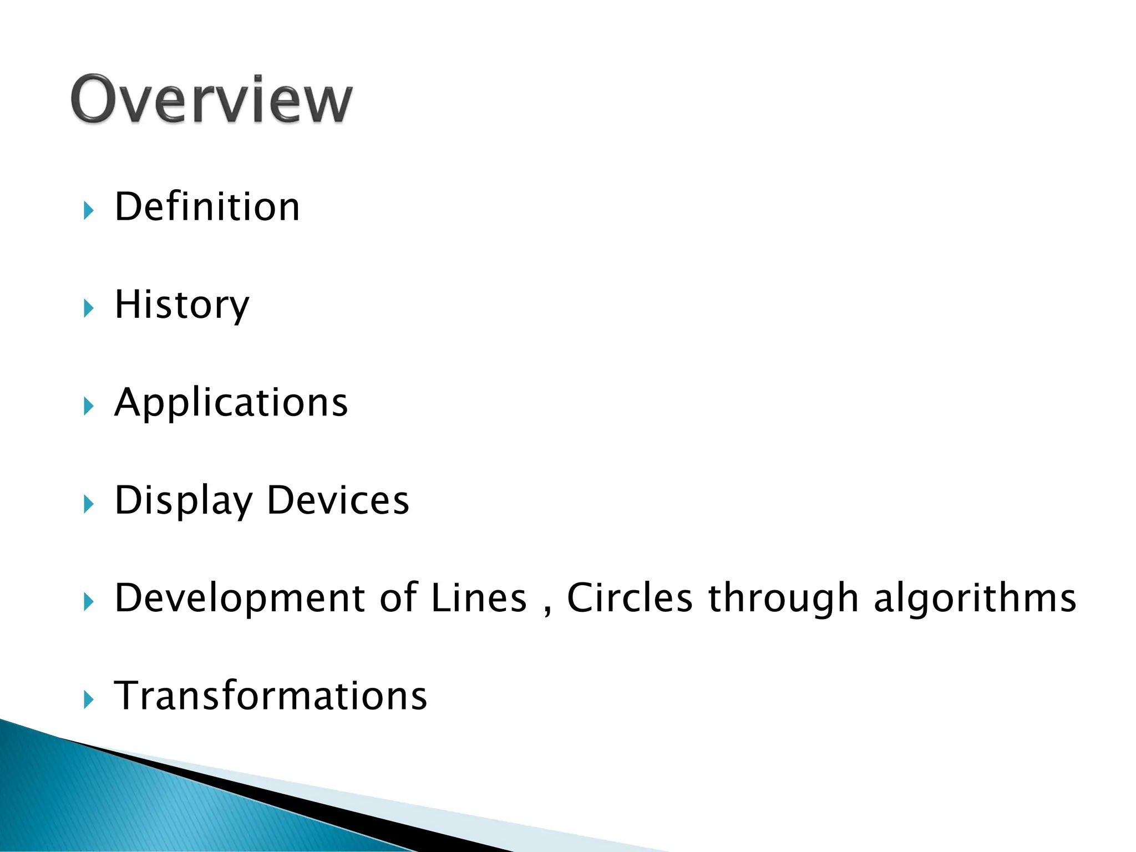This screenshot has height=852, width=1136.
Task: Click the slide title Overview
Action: tap(211, 100)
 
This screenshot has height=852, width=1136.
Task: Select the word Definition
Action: tap(207, 206)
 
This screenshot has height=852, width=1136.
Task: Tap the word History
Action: tap(182, 305)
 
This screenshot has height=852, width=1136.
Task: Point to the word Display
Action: tap(183, 500)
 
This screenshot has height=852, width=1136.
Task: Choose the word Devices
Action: tap(338, 500)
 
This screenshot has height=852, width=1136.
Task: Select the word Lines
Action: tap(478, 598)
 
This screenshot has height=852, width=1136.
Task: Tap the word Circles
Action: tap(630, 598)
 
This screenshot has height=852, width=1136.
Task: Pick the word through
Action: tap(783, 599)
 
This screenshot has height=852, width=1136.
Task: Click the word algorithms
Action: tap(975, 598)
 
